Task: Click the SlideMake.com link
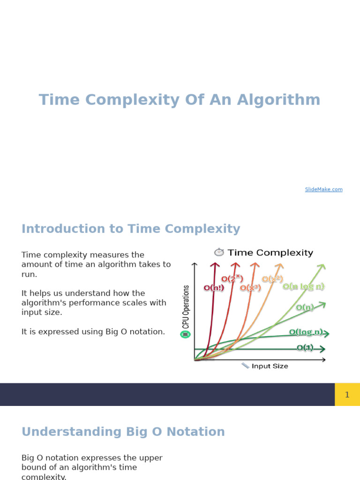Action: (323, 189)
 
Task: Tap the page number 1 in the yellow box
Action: (347, 395)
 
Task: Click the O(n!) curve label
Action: (214, 288)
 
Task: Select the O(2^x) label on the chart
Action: (232, 279)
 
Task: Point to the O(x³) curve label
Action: (250, 288)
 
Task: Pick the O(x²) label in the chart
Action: (272, 279)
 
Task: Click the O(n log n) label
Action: (304, 286)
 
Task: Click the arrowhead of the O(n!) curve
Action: (215, 265)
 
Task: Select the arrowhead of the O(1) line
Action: (322, 349)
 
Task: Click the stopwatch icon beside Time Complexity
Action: (219, 252)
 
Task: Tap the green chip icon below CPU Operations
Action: (185, 334)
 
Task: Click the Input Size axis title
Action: (270, 366)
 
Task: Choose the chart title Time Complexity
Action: (270, 253)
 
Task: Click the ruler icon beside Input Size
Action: (245, 366)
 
